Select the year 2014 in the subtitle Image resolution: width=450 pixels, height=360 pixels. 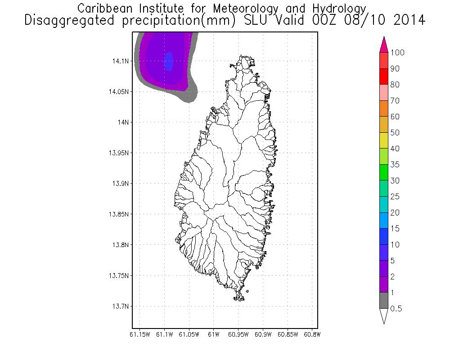(x=407, y=20)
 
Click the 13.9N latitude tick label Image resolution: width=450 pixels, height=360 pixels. (x=121, y=184)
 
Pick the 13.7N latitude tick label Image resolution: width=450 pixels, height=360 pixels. (x=121, y=306)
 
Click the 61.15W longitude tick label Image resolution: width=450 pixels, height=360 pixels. (x=140, y=334)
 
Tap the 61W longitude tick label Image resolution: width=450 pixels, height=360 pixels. (x=214, y=334)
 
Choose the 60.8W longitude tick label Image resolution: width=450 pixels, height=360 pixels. (x=312, y=334)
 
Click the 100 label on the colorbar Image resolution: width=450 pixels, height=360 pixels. (x=398, y=53)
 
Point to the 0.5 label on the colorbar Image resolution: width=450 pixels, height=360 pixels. (x=396, y=309)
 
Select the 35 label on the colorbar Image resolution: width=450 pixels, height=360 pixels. (x=395, y=165)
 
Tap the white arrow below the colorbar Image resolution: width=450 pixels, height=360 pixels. (x=384, y=316)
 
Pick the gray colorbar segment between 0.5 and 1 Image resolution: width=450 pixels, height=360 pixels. (x=384, y=301)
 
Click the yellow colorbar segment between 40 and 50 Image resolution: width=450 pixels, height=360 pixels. (x=384, y=140)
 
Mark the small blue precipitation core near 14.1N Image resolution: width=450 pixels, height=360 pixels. (x=169, y=61)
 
